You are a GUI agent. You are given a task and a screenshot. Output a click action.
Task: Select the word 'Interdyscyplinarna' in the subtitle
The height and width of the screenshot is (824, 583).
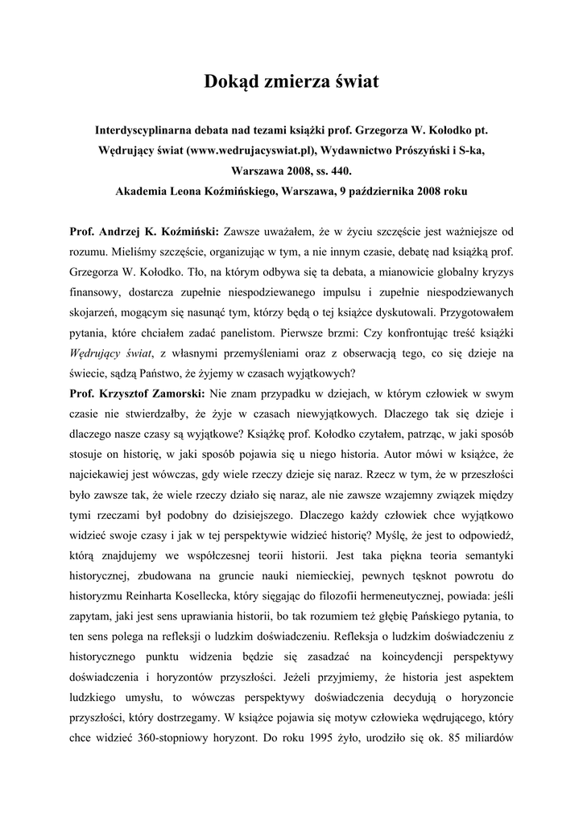coord(147,129)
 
